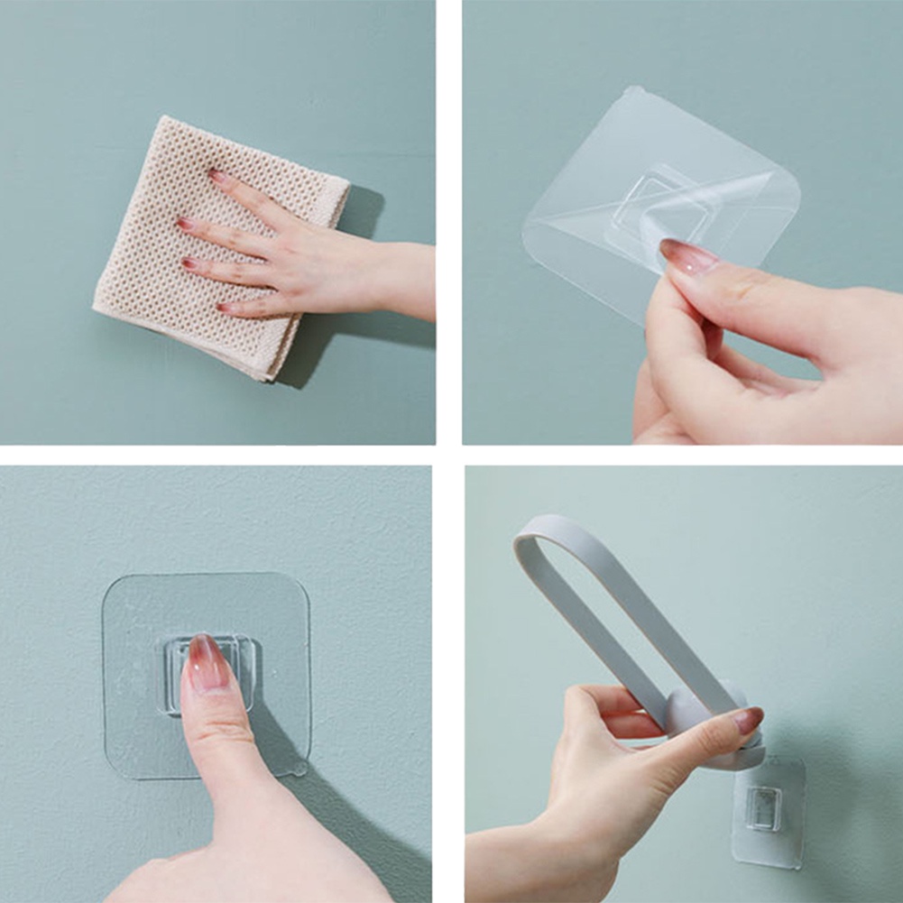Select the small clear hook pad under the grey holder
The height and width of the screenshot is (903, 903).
pyautogui.click(x=767, y=810)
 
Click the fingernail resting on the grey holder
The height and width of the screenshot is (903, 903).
pyautogui.click(x=748, y=719)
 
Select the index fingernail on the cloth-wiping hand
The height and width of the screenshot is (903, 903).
pyautogui.click(x=217, y=176)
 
